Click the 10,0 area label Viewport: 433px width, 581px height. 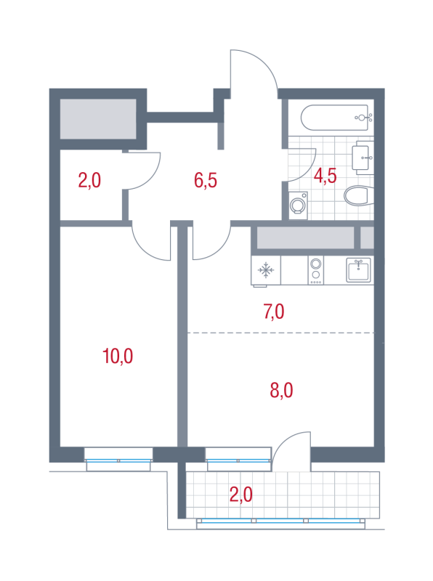[118, 356]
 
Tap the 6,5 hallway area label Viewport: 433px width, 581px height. [206, 180]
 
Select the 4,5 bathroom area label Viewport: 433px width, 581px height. [325, 176]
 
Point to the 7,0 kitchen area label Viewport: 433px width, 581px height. [274, 312]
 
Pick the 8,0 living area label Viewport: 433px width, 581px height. [281, 390]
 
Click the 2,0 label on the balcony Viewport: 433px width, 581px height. [241, 495]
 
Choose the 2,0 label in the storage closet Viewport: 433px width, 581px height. [89, 180]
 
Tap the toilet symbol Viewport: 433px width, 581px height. [357, 195]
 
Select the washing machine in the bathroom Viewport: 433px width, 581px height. [298, 206]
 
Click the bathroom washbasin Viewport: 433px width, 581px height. [363, 158]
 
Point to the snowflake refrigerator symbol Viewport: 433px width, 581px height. [266, 270]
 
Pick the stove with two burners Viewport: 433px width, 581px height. [315, 270]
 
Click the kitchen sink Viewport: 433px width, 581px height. [358, 270]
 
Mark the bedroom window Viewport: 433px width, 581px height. [118, 460]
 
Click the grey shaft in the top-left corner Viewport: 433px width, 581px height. [98, 119]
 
